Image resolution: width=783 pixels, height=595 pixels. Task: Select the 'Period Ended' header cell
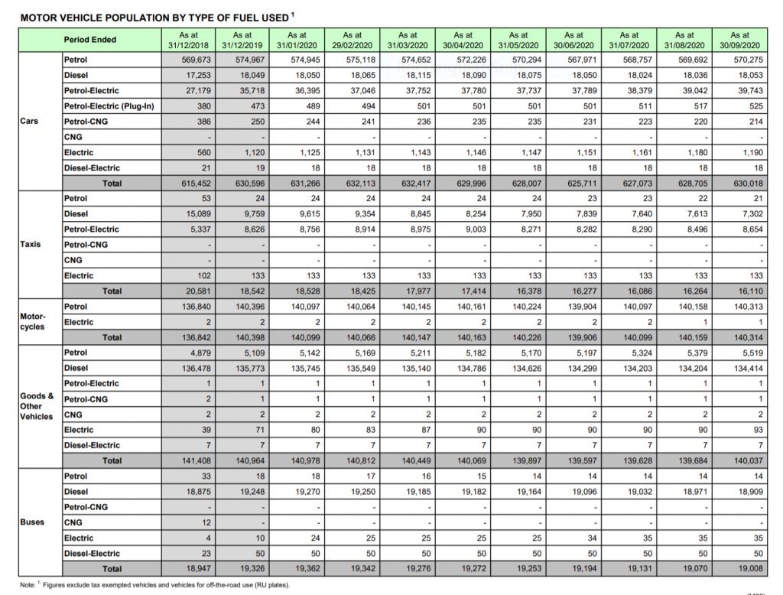[90, 40]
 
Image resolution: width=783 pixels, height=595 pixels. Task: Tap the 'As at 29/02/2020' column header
[352, 40]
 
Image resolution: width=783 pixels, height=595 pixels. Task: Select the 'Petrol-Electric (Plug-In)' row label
[109, 106]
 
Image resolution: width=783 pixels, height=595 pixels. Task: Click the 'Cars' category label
[30, 121]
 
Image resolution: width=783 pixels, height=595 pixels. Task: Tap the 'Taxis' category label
[31, 245]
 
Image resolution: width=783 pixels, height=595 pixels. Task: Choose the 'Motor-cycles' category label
[33, 321]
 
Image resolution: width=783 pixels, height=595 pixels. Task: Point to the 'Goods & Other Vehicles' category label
[37, 406]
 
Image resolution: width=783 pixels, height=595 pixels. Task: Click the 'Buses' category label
[32, 522]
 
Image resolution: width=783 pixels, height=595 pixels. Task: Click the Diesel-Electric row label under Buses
[92, 554]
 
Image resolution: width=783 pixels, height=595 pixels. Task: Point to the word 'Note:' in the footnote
[29, 585]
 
